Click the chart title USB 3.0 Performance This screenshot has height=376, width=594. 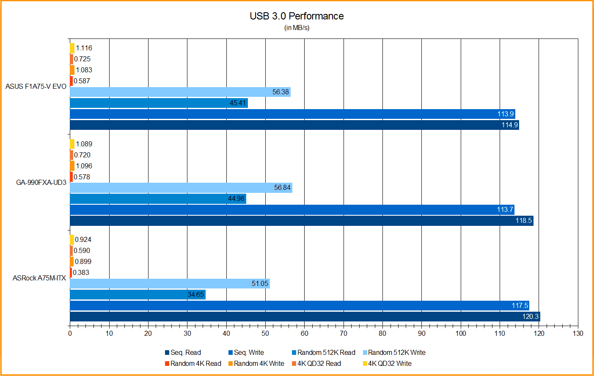[x=297, y=16]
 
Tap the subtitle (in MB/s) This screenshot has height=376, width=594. [x=297, y=28]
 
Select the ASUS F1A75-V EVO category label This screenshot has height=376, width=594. [x=36, y=86]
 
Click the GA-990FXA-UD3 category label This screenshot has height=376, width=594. [x=41, y=182]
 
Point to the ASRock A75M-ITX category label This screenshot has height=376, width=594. [x=39, y=278]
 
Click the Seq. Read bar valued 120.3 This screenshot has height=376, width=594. [x=305, y=316]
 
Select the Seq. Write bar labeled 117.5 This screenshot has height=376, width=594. [x=299, y=305]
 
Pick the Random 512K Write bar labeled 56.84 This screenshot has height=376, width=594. [x=181, y=188]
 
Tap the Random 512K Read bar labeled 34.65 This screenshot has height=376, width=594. [x=137, y=294]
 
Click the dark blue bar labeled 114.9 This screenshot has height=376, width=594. [x=294, y=125]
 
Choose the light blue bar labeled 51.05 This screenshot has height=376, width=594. [x=170, y=283]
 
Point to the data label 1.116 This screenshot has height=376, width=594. [x=84, y=48]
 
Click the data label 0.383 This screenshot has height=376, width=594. [x=81, y=272]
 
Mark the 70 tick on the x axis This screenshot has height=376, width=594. [x=344, y=333]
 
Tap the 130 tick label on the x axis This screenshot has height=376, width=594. [x=578, y=333]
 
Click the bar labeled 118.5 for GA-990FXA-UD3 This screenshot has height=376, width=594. [x=301, y=220]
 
